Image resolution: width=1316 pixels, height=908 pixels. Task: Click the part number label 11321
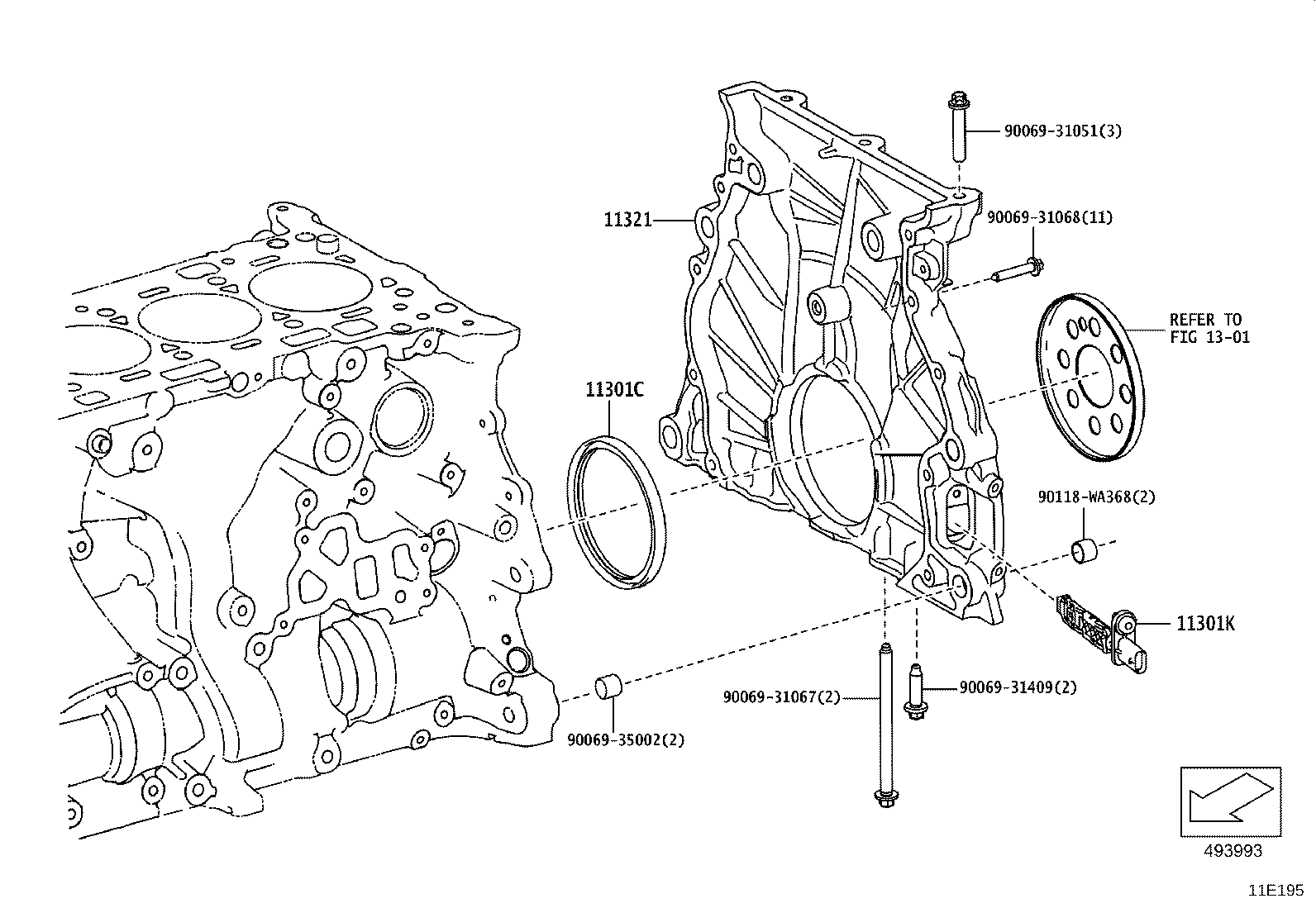pyautogui.click(x=627, y=220)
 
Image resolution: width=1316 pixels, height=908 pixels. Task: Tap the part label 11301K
pyautogui.click(x=1205, y=624)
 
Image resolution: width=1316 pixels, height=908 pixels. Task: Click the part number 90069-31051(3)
pyautogui.click(x=1062, y=131)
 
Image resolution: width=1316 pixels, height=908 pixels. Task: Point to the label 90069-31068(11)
pyautogui.click(x=1049, y=217)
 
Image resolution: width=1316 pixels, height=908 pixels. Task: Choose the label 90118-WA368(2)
pyautogui.click(x=1096, y=497)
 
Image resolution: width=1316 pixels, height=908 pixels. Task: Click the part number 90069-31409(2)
pyautogui.click(x=1018, y=687)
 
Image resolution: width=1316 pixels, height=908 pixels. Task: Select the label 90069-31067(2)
pyautogui.click(x=781, y=697)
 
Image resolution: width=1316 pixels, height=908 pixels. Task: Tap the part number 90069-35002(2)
pyautogui.click(x=626, y=739)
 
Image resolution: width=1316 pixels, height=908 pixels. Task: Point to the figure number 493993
pyautogui.click(x=1232, y=850)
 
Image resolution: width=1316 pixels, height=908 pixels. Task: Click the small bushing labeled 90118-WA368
pyautogui.click(x=1085, y=550)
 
